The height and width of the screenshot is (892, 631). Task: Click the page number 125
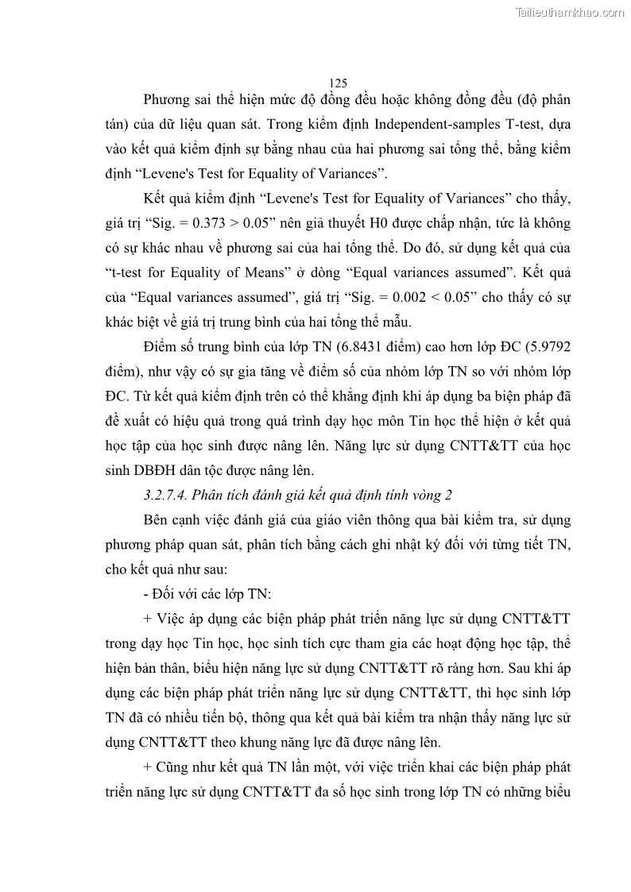[x=338, y=83]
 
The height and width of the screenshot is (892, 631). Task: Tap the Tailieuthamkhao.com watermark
[x=570, y=11]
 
